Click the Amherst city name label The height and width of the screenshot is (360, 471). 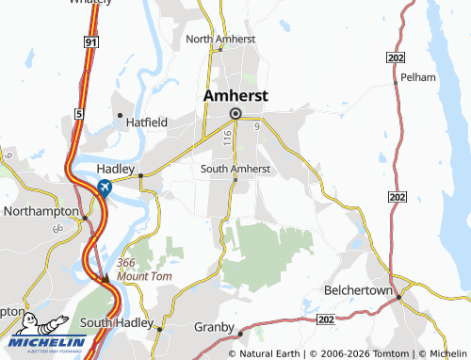coord(236,96)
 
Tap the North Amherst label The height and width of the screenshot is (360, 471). coord(220,39)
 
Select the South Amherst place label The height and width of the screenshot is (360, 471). coord(236,169)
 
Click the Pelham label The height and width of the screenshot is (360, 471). coord(415,76)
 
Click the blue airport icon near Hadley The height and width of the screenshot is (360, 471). coord(103,188)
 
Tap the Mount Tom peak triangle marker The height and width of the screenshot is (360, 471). coord(106,277)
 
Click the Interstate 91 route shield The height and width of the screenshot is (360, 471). coord(89,42)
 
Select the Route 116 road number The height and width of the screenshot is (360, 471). coord(228,138)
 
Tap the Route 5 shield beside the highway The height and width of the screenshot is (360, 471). coord(80,113)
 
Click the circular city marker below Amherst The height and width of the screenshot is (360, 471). coord(235,115)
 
